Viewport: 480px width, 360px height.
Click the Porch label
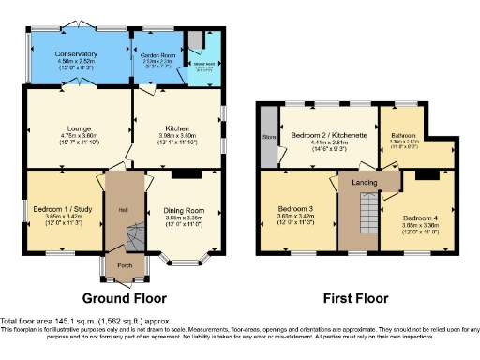(x=124, y=264)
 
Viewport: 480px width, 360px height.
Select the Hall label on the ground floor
(x=123, y=208)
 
